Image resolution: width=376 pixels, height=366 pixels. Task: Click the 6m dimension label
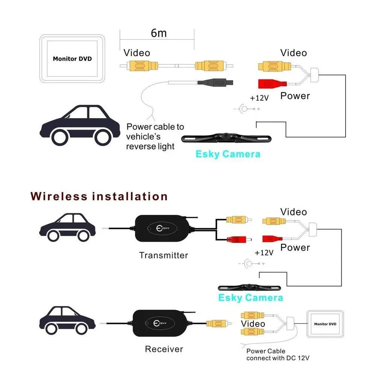point(158,33)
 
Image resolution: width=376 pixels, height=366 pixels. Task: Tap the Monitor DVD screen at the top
point(72,59)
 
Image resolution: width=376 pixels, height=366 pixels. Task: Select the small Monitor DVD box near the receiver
point(325,324)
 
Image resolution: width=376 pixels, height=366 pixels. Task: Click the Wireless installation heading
point(99,196)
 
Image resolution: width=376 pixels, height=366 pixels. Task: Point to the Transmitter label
point(163,255)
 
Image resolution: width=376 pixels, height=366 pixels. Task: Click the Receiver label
point(164,349)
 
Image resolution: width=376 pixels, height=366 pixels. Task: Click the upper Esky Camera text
point(228,154)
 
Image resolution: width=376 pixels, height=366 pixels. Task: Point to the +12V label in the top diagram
point(259,98)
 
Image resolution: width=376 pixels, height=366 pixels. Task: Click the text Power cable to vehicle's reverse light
point(155,136)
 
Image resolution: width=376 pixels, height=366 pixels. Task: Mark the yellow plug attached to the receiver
point(215,323)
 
